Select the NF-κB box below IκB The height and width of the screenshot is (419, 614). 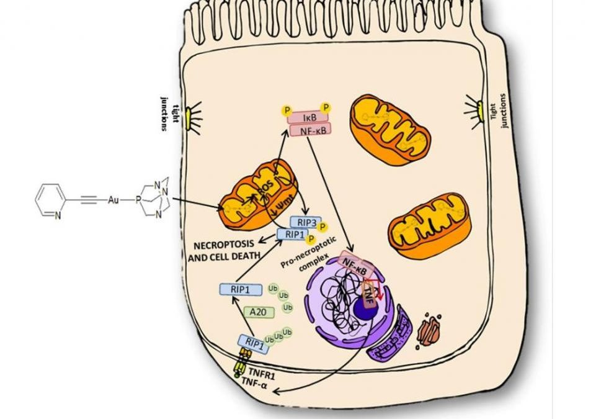pyautogui.click(x=308, y=130)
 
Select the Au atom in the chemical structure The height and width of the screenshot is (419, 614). pyautogui.click(x=113, y=200)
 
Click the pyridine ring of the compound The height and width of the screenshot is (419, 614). pyautogui.click(x=49, y=200)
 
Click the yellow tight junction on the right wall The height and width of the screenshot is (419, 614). pyautogui.click(x=479, y=112)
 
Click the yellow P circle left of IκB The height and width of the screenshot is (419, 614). pyautogui.click(x=287, y=110)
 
